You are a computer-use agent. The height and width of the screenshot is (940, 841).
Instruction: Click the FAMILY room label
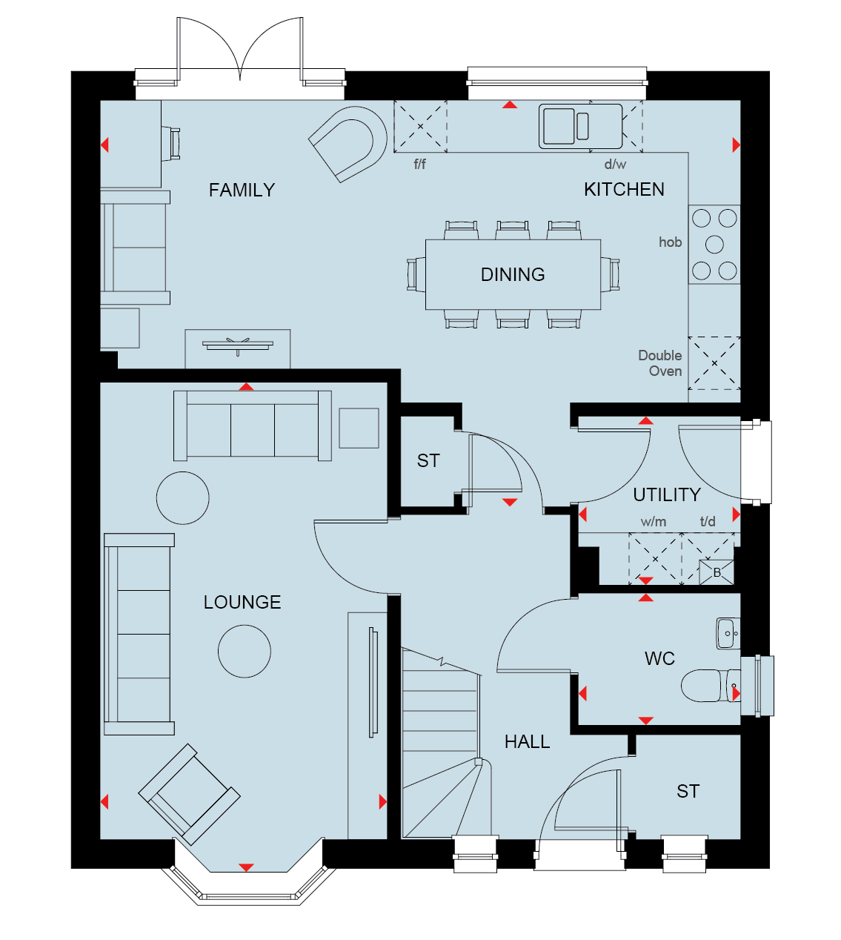click(242, 191)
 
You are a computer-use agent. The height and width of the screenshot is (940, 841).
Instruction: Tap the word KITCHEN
click(624, 190)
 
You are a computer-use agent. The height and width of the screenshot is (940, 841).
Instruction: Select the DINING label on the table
click(513, 275)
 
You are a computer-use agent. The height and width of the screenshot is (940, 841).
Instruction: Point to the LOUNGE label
click(242, 602)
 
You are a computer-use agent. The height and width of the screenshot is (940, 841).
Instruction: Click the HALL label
click(527, 742)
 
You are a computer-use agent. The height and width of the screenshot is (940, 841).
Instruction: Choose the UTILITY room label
click(667, 495)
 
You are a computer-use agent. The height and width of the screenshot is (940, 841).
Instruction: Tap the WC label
click(659, 659)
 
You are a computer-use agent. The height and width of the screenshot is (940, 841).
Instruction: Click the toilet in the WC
click(710, 685)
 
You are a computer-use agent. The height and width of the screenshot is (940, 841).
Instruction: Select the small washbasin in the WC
click(728, 633)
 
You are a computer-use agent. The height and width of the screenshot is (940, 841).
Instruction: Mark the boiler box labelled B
click(717, 572)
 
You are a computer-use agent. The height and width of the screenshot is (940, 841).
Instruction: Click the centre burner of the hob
click(714, 245)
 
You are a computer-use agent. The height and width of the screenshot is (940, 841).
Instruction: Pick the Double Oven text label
click(660, 363)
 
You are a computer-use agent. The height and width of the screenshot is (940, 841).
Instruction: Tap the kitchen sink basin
click(559, 126)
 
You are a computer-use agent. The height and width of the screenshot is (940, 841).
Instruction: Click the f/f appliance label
click(420, 165)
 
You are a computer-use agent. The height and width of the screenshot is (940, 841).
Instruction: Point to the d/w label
click(615, 165)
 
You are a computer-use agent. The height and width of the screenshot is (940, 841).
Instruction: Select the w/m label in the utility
click(653, 522)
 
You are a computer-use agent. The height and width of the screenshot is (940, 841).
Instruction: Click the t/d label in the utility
click(708, 521)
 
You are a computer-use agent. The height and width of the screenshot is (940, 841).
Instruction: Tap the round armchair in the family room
click(348, 144)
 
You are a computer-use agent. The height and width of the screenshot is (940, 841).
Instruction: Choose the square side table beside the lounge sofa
click(359, 428)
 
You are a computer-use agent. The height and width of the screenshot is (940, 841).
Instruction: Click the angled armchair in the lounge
click(189, 795)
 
